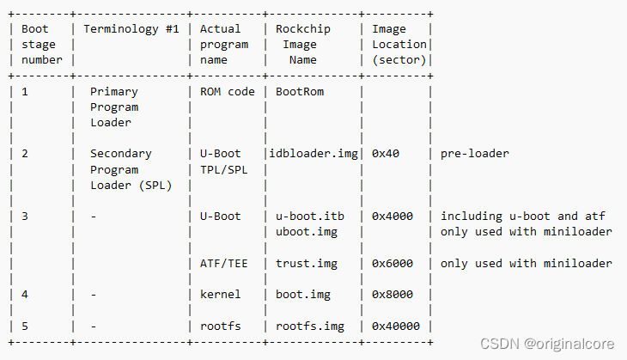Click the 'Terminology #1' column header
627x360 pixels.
tap(131, 29)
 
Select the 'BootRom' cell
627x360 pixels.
tap(300, 91)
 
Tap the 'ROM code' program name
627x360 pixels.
tap(227, 91)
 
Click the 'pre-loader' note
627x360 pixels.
tap(475, 154)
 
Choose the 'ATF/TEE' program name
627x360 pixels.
tap(223, 263)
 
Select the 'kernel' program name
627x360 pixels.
tap(220, 295)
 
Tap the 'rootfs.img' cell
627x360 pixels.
tap(310, 326)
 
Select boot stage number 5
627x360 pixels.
tap(25, 326)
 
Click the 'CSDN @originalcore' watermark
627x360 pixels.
tap(547, 344)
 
